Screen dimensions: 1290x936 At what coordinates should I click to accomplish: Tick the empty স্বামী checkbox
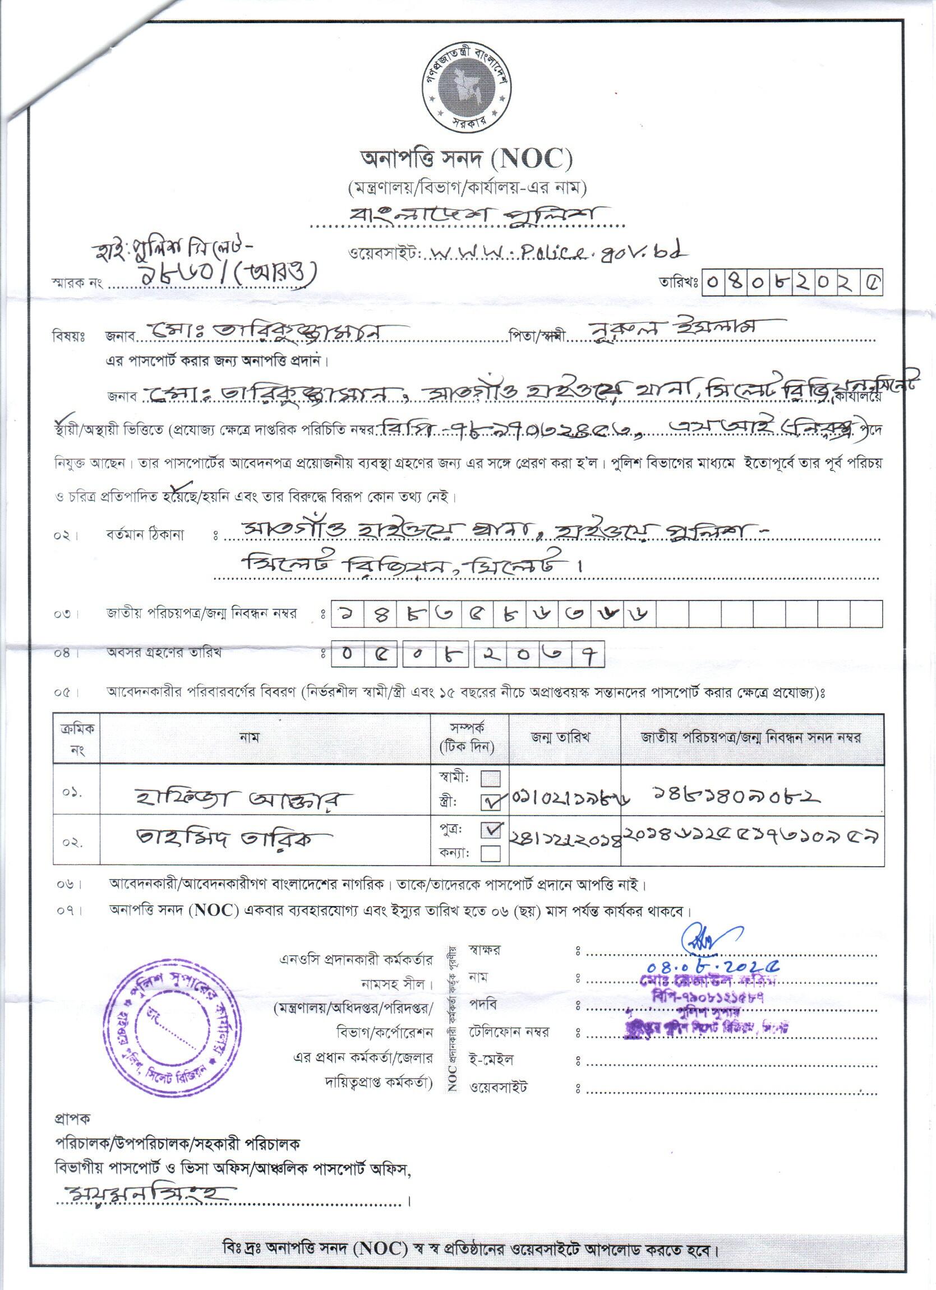491,778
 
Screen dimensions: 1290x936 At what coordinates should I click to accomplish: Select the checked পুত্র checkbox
491,830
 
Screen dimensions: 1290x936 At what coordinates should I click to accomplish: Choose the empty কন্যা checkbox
491,853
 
